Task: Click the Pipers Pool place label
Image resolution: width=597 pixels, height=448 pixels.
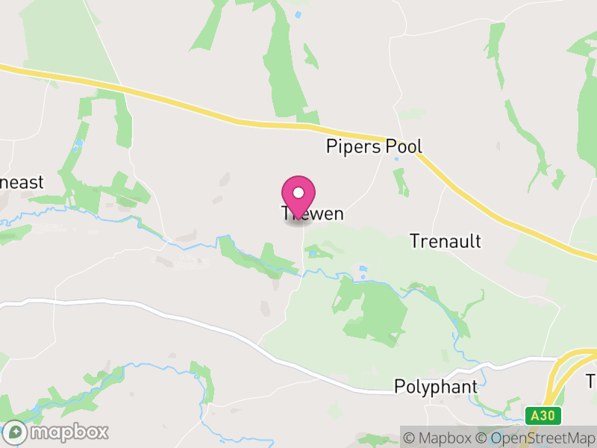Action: point(374,146)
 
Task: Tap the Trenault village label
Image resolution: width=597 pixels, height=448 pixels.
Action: point(445,241)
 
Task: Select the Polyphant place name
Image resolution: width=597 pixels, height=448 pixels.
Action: point(436,387)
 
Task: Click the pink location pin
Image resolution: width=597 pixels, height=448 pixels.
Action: point(298,198)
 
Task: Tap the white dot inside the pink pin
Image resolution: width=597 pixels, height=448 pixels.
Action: point(298,193)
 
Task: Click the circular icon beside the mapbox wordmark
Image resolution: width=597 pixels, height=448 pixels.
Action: point(15,432)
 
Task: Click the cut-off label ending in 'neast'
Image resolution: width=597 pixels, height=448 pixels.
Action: point(22,182)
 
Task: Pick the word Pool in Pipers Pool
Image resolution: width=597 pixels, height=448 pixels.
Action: point(404,146)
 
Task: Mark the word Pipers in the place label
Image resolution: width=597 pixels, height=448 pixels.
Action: point(354,146)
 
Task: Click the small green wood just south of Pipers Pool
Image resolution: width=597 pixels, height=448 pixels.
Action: point(401,181)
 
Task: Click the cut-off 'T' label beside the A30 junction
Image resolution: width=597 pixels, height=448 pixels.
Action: point(591,381)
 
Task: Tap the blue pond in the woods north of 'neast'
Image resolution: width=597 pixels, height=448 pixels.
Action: point(79,142)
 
